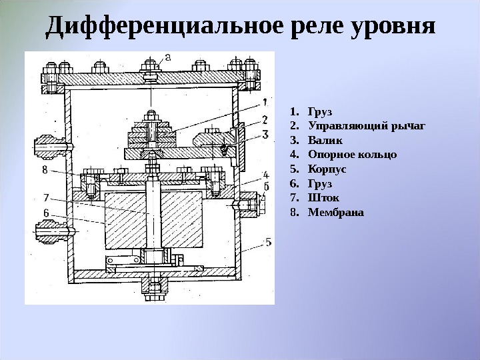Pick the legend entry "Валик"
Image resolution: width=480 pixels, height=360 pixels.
[x=325, y=141]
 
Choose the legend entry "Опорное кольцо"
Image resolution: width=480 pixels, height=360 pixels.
[x=352, y=155]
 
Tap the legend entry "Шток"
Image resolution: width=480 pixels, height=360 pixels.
[x=324, y=198]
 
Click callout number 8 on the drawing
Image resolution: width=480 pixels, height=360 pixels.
[x=45, y=170]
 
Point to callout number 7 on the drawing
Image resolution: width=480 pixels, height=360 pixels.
[x=46, y=197]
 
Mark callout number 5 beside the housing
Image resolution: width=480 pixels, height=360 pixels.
[x=267, y=243]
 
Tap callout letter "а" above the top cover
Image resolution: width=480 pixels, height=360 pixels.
[x=167, y=57]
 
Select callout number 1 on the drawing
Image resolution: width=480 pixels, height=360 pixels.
[x=265, y=103]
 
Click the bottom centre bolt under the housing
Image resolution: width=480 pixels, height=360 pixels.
[x=154, y=288]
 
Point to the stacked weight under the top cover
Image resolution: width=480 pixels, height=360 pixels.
[x=153, y=133]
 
